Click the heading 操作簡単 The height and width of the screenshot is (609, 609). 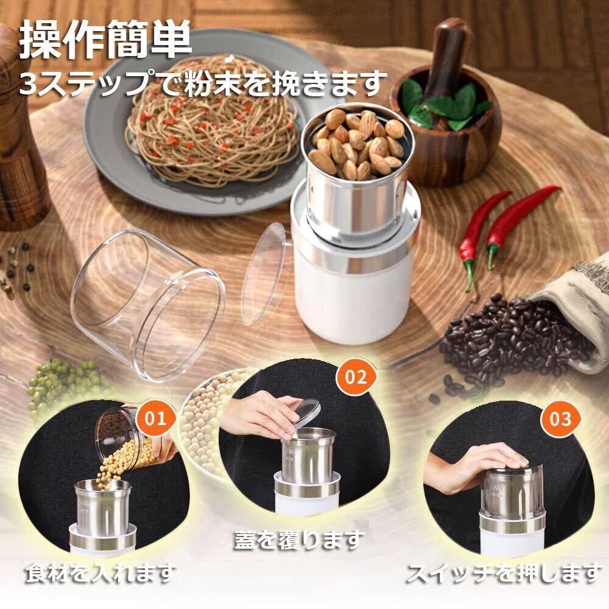tap(105, 40)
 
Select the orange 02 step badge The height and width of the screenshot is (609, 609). tap(356, 376)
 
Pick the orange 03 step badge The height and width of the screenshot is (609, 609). tap(561, 419)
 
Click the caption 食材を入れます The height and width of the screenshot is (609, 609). tap(101, 573)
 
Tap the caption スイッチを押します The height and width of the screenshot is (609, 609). tap(504, 573)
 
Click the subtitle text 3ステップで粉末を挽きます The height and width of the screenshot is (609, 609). tap(203, 83)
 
